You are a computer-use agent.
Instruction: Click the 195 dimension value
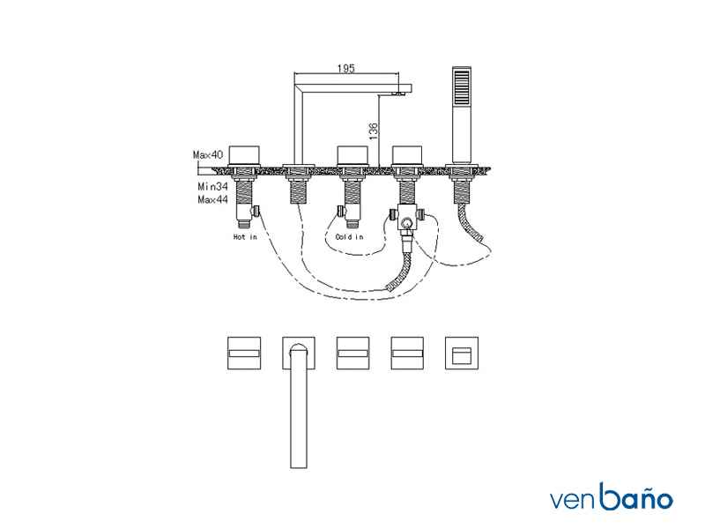[345, 69]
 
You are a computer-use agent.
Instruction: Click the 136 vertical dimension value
[373, 130]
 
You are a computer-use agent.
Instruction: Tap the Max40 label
[208, 155]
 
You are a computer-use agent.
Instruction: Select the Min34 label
[212, 186]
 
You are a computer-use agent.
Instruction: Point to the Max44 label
[212, 199]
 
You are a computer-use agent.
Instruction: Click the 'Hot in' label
[245, 236]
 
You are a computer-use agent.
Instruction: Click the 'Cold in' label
[349, 236]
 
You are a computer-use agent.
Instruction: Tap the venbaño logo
[612, 496]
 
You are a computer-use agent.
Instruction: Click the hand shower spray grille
[462, 86]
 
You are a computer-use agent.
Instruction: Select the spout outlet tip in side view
[398, 93]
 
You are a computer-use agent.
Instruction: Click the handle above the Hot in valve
[244, 155]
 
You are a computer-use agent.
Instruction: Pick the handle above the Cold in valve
[353, 155]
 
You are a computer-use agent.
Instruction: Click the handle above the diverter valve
[407, 155]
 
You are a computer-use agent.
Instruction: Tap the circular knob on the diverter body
[407, 223]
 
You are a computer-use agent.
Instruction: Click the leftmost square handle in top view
[244, 354]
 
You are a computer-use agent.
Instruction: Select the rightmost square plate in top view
[462, 354]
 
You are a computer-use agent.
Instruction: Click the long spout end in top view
[299, 466]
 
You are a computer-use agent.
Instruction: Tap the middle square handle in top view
[353, 354]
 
